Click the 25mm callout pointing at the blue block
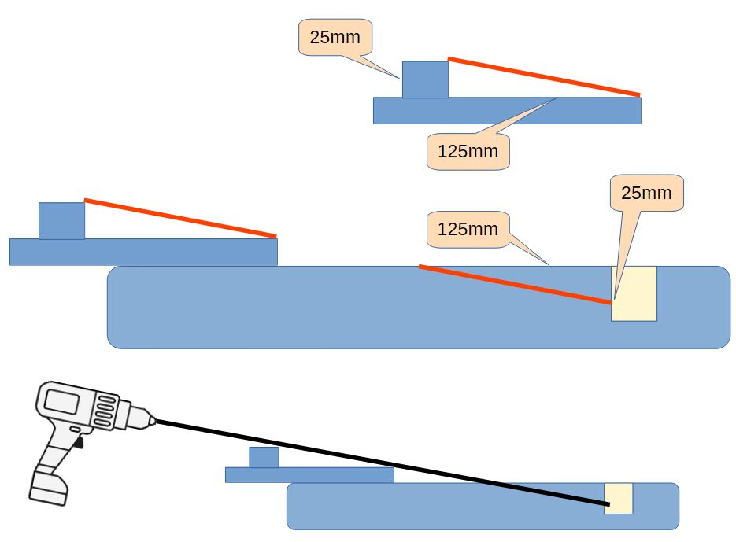pos(335,37)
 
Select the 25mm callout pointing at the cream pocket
pos(647,193)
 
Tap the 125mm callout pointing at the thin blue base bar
pos(468,151)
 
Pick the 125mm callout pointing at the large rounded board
pos(468,229)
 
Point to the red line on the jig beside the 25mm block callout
pos(543,77)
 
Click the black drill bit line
pos(378,462)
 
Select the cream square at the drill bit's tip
pos(619,498)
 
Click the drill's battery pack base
pos(48,488)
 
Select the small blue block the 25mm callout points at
pos(425,79)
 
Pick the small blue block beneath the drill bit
pos(264,457)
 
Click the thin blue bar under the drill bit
pos(309,475)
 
